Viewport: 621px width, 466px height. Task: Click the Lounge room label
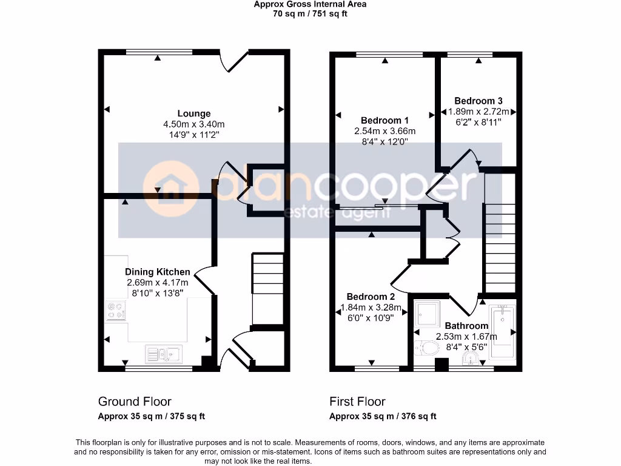[x=194, y=113]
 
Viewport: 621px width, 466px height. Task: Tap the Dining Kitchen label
[x=158, y=272]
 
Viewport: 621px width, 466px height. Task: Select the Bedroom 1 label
[x=384, y=120]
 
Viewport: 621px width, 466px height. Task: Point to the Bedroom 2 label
[x=371, y=297]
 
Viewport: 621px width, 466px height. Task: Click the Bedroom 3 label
[x=478, y=101]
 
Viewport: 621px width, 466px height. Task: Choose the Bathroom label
[x=466, y=326]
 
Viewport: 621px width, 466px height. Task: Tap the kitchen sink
[x=163, y=353]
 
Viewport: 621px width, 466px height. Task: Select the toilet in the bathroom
[x=427, y=348]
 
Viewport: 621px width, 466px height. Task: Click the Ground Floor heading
[x=135, y=402]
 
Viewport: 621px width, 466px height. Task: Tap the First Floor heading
[x=357, y=402]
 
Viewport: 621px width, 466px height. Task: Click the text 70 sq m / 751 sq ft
[x=310, y=14]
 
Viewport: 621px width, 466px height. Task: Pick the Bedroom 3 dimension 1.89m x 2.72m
[x=478, y=112]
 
